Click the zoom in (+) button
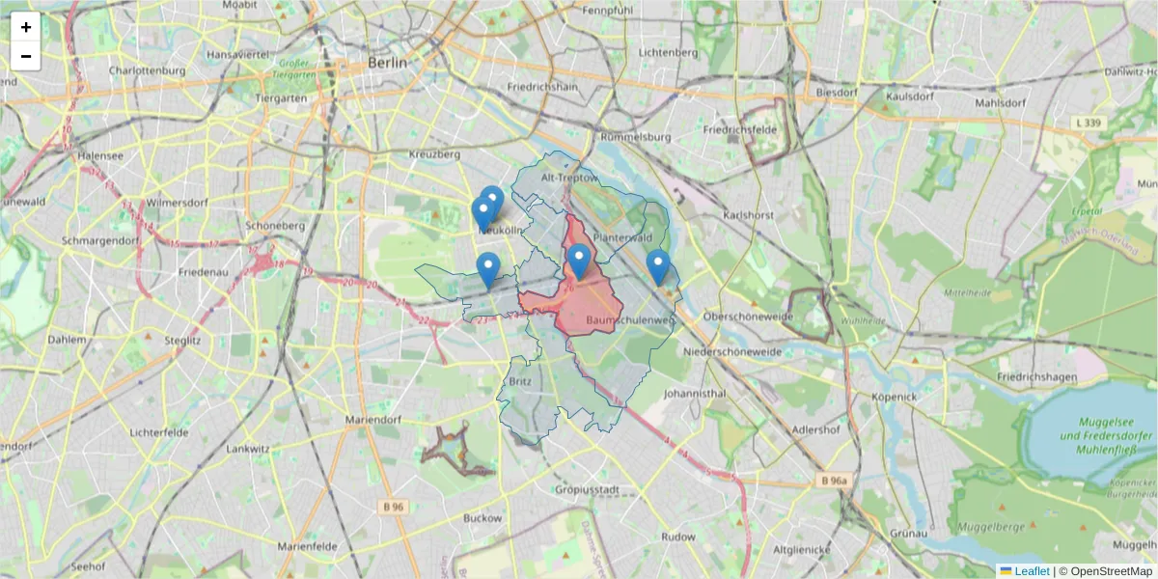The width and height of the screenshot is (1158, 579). (x=26, y=27)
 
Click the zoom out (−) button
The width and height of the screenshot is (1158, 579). (x=26, y=56)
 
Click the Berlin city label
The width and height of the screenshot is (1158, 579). (x=388, y=63)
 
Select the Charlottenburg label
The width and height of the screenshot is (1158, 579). (x=146, y=71)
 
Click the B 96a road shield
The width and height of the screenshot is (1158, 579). (x=835, y=480)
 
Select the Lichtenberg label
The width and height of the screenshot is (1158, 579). (x=668, y=52)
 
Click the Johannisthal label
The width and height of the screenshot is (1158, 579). (x=694, y=394)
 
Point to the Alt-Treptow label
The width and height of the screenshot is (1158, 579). (x=570, y=179)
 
